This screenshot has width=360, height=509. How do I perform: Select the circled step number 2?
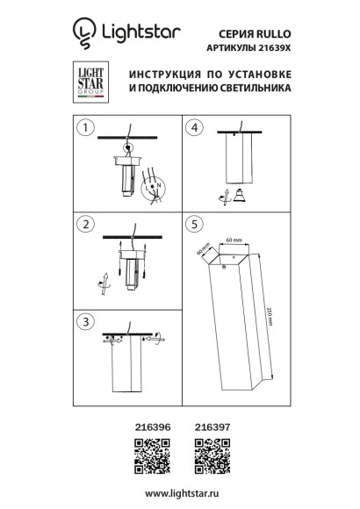tap(84, 226)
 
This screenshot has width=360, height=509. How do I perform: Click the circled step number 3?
tap(84, 322)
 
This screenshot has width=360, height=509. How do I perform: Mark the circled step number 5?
tap(198, 226)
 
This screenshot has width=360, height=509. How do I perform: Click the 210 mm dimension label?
tap(271, 316)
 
